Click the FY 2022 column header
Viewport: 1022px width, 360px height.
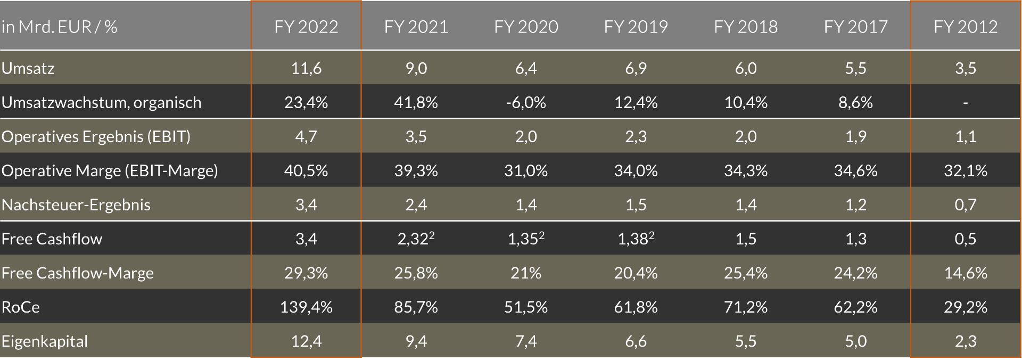[306, 27]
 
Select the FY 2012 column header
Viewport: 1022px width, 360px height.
[965, 27]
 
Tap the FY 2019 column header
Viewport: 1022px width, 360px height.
[636, 27]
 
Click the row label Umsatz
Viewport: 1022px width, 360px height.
[28, 68]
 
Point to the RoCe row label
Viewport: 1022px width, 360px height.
[21, 307]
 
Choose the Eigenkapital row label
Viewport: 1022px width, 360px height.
[45, 341]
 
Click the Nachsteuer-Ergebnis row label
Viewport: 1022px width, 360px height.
[76, 204]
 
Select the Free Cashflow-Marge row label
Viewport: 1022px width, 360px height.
[78, 273]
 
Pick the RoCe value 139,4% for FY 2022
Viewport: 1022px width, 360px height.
[306, 307]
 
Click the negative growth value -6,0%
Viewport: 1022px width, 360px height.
[526, 102]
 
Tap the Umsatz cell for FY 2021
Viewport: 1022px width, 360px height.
[416, 68]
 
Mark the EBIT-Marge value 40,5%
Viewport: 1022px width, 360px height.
[306, 170]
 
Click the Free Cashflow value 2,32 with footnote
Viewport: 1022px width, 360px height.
[416, 239]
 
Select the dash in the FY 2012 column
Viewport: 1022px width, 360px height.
[965, 102]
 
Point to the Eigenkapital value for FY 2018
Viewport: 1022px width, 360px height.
[745, 341]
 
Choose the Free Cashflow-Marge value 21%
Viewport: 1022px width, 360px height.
[526, 273]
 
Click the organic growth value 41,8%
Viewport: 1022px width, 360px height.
[416, 102]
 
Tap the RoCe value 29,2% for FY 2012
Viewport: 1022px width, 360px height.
[965, 307]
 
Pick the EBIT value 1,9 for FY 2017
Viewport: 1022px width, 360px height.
[855, 136]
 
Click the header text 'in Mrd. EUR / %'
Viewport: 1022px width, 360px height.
[59, 27]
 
